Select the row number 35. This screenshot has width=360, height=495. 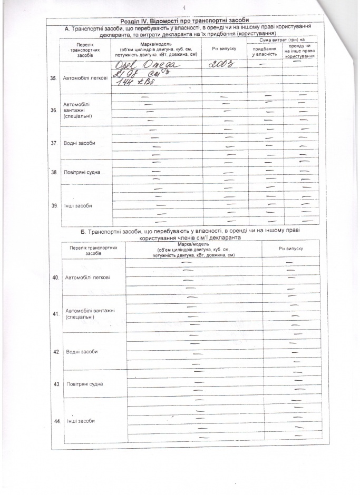(53, 78)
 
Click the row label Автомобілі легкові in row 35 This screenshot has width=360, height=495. (85, 78)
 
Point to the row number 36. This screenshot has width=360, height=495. (53, 111)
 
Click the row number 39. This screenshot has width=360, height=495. (53, 205)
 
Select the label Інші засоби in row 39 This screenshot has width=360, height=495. (77, 205)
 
